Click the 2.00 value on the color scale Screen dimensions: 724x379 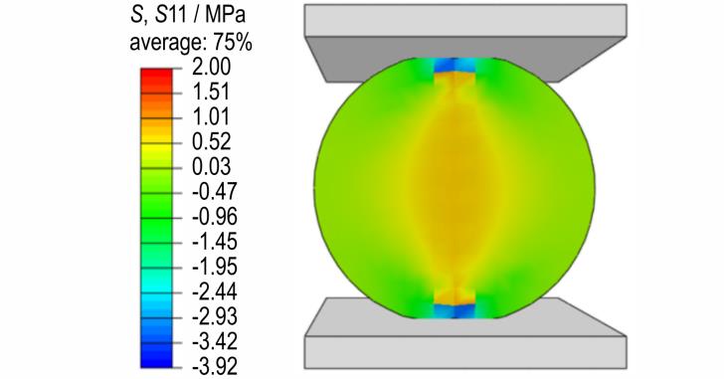[211, 67]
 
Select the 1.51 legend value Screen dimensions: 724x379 [211, 92]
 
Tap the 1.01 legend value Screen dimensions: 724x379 [211, 116]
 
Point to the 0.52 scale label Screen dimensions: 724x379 [211, 141]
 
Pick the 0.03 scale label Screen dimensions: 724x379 [211, 167]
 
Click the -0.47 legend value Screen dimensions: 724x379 [215, 192]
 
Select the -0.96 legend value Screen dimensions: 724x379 [215, 217]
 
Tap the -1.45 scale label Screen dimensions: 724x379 [215, 242]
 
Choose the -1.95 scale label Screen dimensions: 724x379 [215, 267]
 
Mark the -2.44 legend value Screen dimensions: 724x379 [215, 291]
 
